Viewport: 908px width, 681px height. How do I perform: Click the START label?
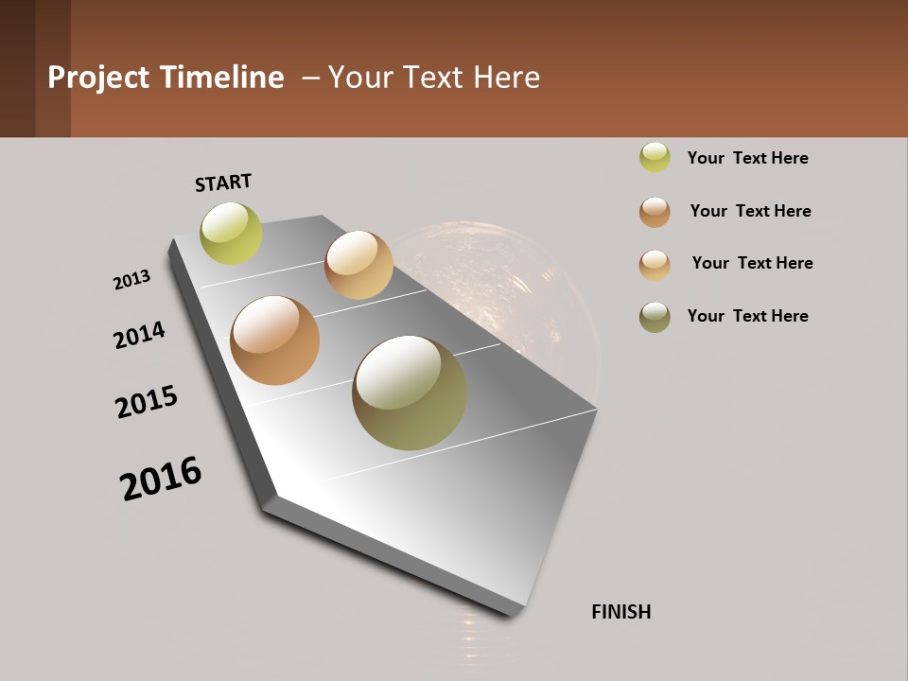(x=223, y=183)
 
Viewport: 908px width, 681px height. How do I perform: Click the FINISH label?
(x=621, y=612)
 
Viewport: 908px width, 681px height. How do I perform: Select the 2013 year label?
(x=131, y=280)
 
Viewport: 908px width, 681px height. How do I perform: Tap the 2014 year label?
(x=139, y=335)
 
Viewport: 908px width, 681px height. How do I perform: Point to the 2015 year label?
(x=147, y=401)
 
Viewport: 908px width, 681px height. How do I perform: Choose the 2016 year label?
(x=161, y=478)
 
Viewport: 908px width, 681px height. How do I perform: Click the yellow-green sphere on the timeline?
(x=231, y=233)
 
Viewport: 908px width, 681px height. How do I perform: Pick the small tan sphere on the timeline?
(x=358, y=265)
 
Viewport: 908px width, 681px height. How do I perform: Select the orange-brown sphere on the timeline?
(x=275, y=340)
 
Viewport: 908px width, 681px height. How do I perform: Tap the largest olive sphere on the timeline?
(x=410, y=393)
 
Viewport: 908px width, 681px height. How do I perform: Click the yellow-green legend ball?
(x=655, y=157)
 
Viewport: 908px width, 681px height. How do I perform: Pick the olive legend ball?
(x=655, y=317)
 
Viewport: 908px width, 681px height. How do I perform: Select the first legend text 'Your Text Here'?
(x=747, y=158)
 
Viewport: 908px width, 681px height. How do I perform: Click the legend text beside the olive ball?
(x=747, y=316)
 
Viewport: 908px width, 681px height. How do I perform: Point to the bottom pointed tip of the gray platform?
(x=514, y=613)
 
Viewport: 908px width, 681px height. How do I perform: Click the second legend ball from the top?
(x=655, y=212)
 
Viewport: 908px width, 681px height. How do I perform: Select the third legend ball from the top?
(x=655, y=264)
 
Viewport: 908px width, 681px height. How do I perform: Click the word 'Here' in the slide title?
(x=506, y=78)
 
